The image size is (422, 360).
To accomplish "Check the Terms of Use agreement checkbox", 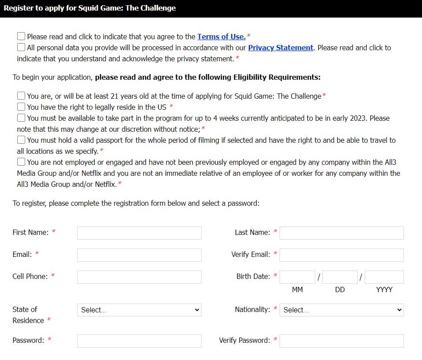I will click(x=21, y=36).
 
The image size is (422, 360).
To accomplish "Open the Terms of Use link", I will click(x=221, y=37).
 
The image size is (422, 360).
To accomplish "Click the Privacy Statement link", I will click(x=280, y=48).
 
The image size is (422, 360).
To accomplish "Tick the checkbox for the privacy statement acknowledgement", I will click(x=21, y=47).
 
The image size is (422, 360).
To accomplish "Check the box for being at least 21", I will click(x=21, y=96).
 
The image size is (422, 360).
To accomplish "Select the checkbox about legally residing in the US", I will click(x=21, y=107).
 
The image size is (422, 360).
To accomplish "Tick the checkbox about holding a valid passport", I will click(x=21, y=140).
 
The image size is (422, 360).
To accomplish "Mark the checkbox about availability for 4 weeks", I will click(x=21, y=118).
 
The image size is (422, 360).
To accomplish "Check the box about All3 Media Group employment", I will click(x=21, y=162).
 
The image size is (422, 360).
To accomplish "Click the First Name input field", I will click(x=139, y=233).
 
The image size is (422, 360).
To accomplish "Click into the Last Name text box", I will click(x=341, y=233).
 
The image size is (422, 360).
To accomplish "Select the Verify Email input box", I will click(x=341, y=255).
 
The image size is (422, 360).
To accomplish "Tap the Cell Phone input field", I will click(x=139, y=277).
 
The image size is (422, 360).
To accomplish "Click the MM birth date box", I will click(x=297, y=277).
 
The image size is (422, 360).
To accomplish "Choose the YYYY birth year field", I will click(x=384, y=277).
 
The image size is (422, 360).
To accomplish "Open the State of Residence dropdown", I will click(x=139, y=310).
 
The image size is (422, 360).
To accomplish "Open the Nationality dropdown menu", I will click(x=341, y=310).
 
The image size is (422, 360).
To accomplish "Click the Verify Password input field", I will click(x=341, y=341).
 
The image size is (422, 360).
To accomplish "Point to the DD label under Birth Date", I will click(x=340, y=289).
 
